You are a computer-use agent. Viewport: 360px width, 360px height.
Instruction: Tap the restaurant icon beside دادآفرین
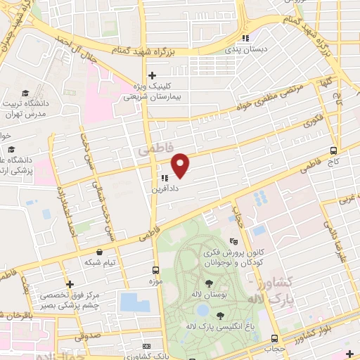point(164,179)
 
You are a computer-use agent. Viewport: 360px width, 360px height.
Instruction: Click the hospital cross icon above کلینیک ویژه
point(152,75)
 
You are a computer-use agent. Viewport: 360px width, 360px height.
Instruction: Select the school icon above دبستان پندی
point(246,39)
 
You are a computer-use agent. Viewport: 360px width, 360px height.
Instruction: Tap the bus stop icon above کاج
point(334,149)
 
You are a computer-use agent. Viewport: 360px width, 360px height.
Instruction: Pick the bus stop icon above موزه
point(156,270)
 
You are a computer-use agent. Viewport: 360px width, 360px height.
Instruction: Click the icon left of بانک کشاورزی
point(146,347)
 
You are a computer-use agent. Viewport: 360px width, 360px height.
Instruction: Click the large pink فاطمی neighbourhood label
point(149,150)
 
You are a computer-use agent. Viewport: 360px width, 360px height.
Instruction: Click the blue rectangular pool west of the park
point(134,302)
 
